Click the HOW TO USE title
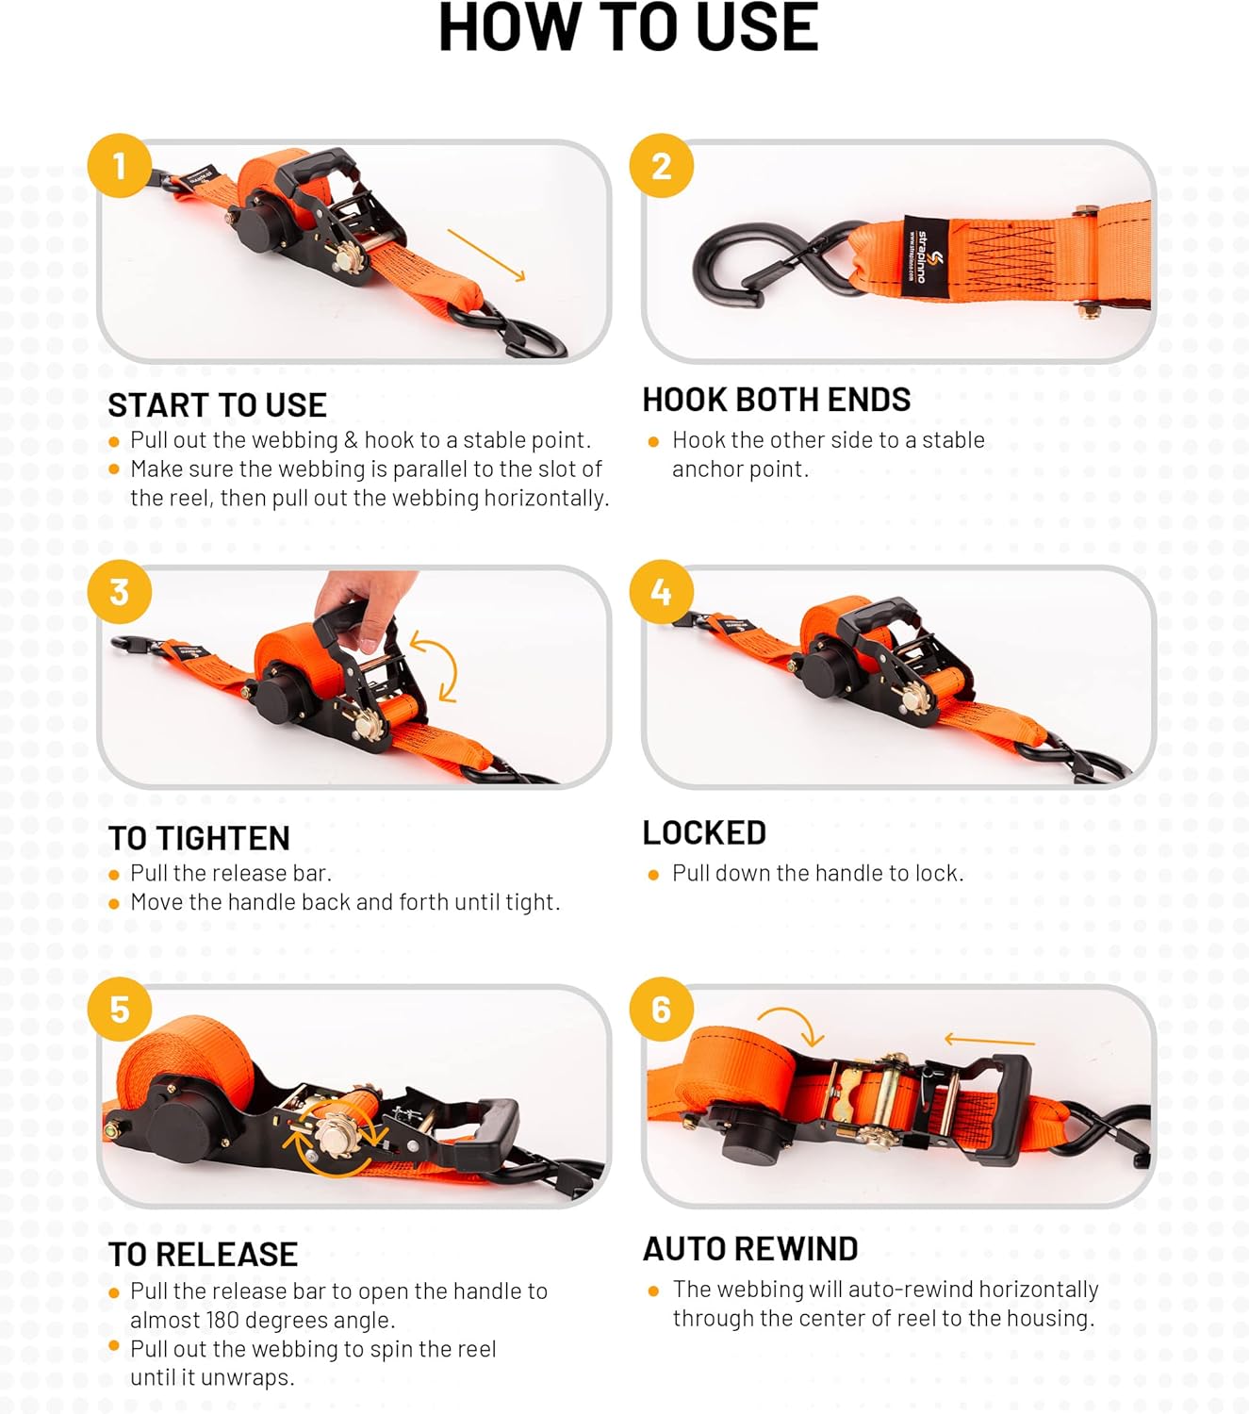[628, 28]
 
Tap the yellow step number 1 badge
[120, 166]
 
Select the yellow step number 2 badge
[662, 166]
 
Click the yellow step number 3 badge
[120, 592]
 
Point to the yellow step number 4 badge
[662, 592]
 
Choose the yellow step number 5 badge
[120, 1010]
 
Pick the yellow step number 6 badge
[662, 1010]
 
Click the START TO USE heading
[217, 405]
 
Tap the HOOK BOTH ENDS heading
[776, 400]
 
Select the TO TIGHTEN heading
[199, 838]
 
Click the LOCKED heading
[704, 832]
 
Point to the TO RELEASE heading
[203, 1255]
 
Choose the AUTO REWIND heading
[750, 1249]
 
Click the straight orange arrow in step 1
[485, 255]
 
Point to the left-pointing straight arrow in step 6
[989, 1041]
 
